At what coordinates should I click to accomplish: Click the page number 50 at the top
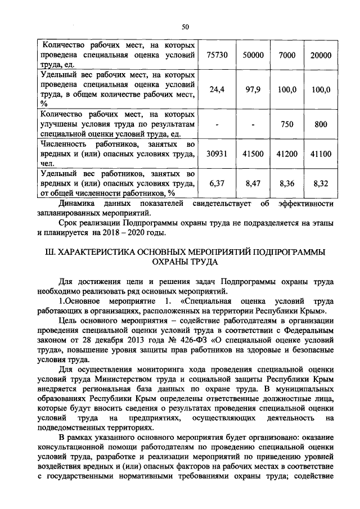186,25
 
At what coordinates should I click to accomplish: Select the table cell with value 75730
217,56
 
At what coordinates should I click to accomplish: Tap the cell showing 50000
253,56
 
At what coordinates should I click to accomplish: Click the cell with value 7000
287,56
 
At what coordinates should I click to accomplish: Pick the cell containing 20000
321,56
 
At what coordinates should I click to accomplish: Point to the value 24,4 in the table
217,89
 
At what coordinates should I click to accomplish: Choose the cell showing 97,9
253,89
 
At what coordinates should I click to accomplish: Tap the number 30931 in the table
217,153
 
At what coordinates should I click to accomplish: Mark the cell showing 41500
253,153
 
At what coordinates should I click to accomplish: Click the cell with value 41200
287,153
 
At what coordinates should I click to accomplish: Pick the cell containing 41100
321,153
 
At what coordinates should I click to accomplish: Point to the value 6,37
217,183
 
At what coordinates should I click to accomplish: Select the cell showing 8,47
253,183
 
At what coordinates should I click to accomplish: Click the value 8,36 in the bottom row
287,183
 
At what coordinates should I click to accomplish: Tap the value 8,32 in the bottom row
321,183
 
